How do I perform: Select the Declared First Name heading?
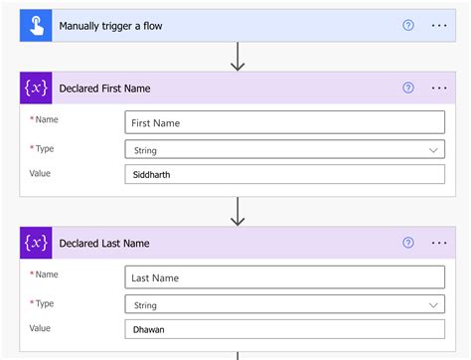click(104, 88)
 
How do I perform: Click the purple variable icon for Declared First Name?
click(37, 88)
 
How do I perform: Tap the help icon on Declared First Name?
click(408, 88)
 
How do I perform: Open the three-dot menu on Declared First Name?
click(440, 88)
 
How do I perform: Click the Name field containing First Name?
click(285, 123)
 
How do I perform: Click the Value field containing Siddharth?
click(285, 175)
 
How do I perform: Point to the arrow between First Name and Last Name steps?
click(237, 211)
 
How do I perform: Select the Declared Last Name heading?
click(104, 242)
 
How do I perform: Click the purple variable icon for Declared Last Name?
click(37, 242)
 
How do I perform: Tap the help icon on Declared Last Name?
click(408, 242)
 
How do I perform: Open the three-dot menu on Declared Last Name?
click(440, 242)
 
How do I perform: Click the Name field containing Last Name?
click(285, 277)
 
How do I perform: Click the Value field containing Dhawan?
click(285, 328)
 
